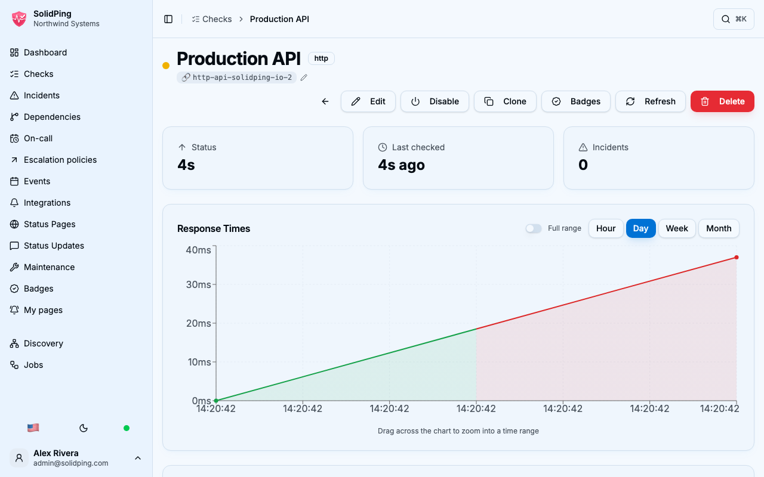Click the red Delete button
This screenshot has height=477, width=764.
[722, 101]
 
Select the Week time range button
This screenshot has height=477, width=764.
[677, 228]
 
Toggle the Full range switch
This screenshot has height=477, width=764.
[534, 228]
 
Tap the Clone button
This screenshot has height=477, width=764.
[505, 101]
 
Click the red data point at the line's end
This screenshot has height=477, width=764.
[737, 257]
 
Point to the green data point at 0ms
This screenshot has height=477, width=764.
[216, 401]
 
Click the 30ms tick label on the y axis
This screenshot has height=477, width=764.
[199, 284]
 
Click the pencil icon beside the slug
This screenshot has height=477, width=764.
[304, 78]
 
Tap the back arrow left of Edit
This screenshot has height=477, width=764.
[325, 101]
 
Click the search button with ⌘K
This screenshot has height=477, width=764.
[734, 19]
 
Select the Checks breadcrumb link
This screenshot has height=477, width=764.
[212, 19]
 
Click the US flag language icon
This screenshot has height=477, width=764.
[33, 428]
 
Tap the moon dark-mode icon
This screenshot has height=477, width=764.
[84, 428]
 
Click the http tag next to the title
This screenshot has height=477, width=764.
[321, 58]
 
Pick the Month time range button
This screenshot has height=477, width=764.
[719, 228]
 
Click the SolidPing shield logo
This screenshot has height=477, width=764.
[19, 18]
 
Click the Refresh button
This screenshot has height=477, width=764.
[651, 101]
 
